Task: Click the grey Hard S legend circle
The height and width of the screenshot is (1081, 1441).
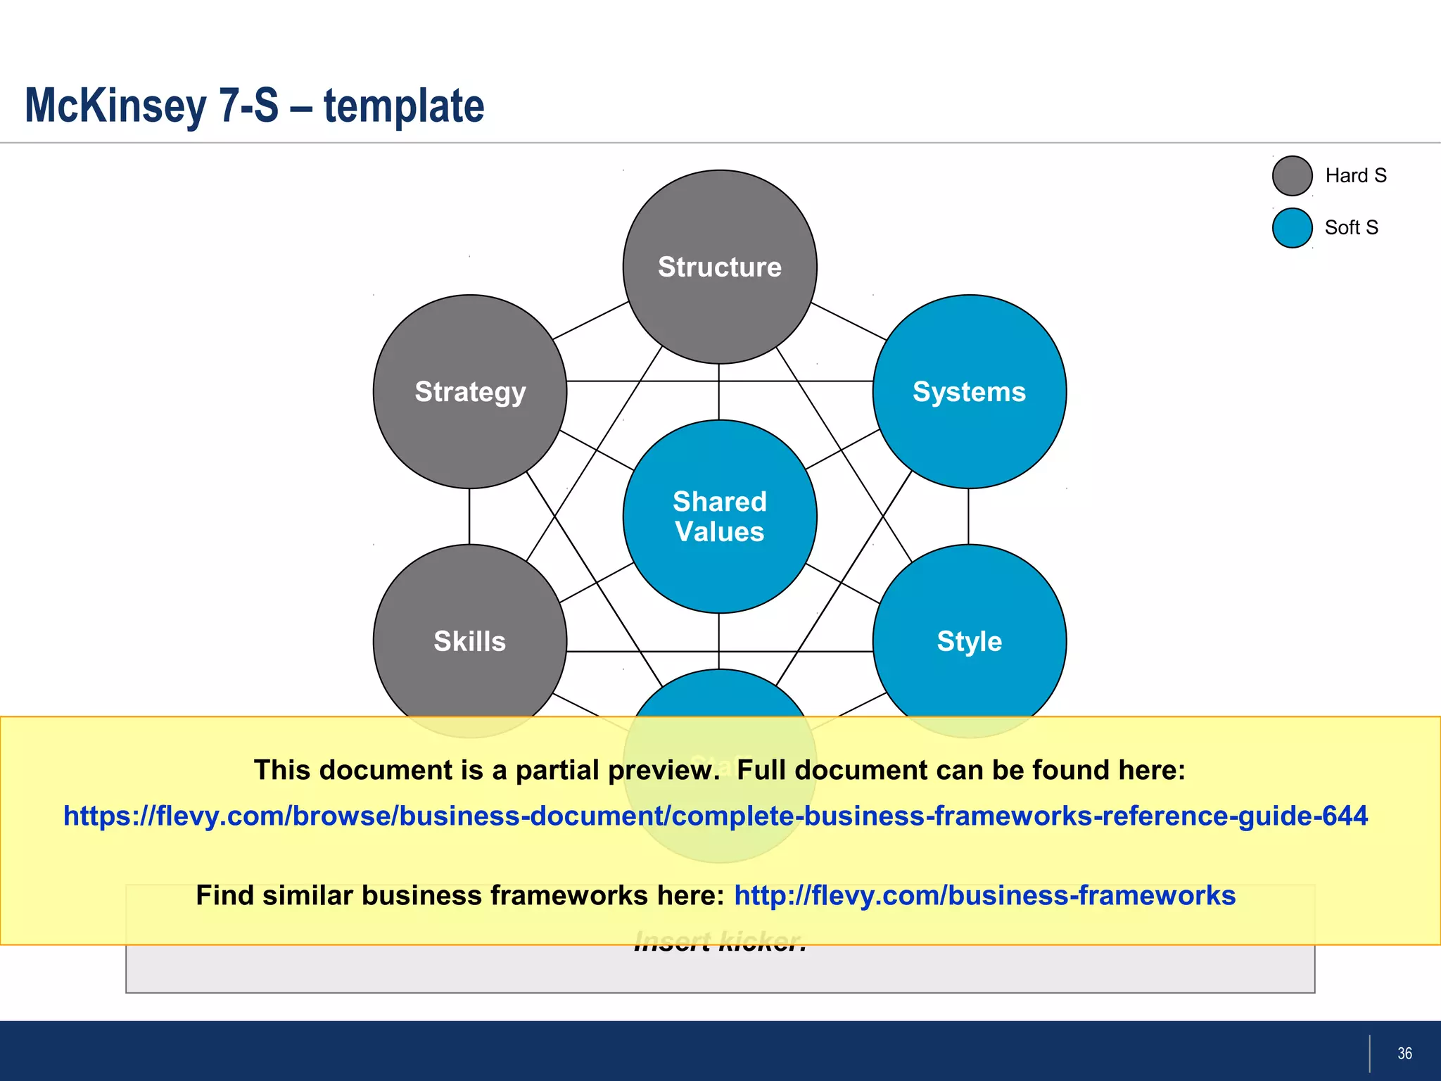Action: point(1292,176)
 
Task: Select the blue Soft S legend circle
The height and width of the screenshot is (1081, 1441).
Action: point(1292,228)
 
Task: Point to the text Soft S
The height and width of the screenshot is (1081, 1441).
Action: point(1351,228)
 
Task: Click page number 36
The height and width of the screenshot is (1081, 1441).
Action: point(1404,1054)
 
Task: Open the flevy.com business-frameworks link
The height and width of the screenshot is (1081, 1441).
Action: point(984,896)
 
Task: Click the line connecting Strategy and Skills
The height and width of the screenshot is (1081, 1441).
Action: point(469,517)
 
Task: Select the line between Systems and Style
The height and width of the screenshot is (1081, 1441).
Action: point(968,517)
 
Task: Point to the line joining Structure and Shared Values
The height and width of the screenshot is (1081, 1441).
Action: point(718,391)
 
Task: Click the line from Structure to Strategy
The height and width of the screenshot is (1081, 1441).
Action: point(591,321)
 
